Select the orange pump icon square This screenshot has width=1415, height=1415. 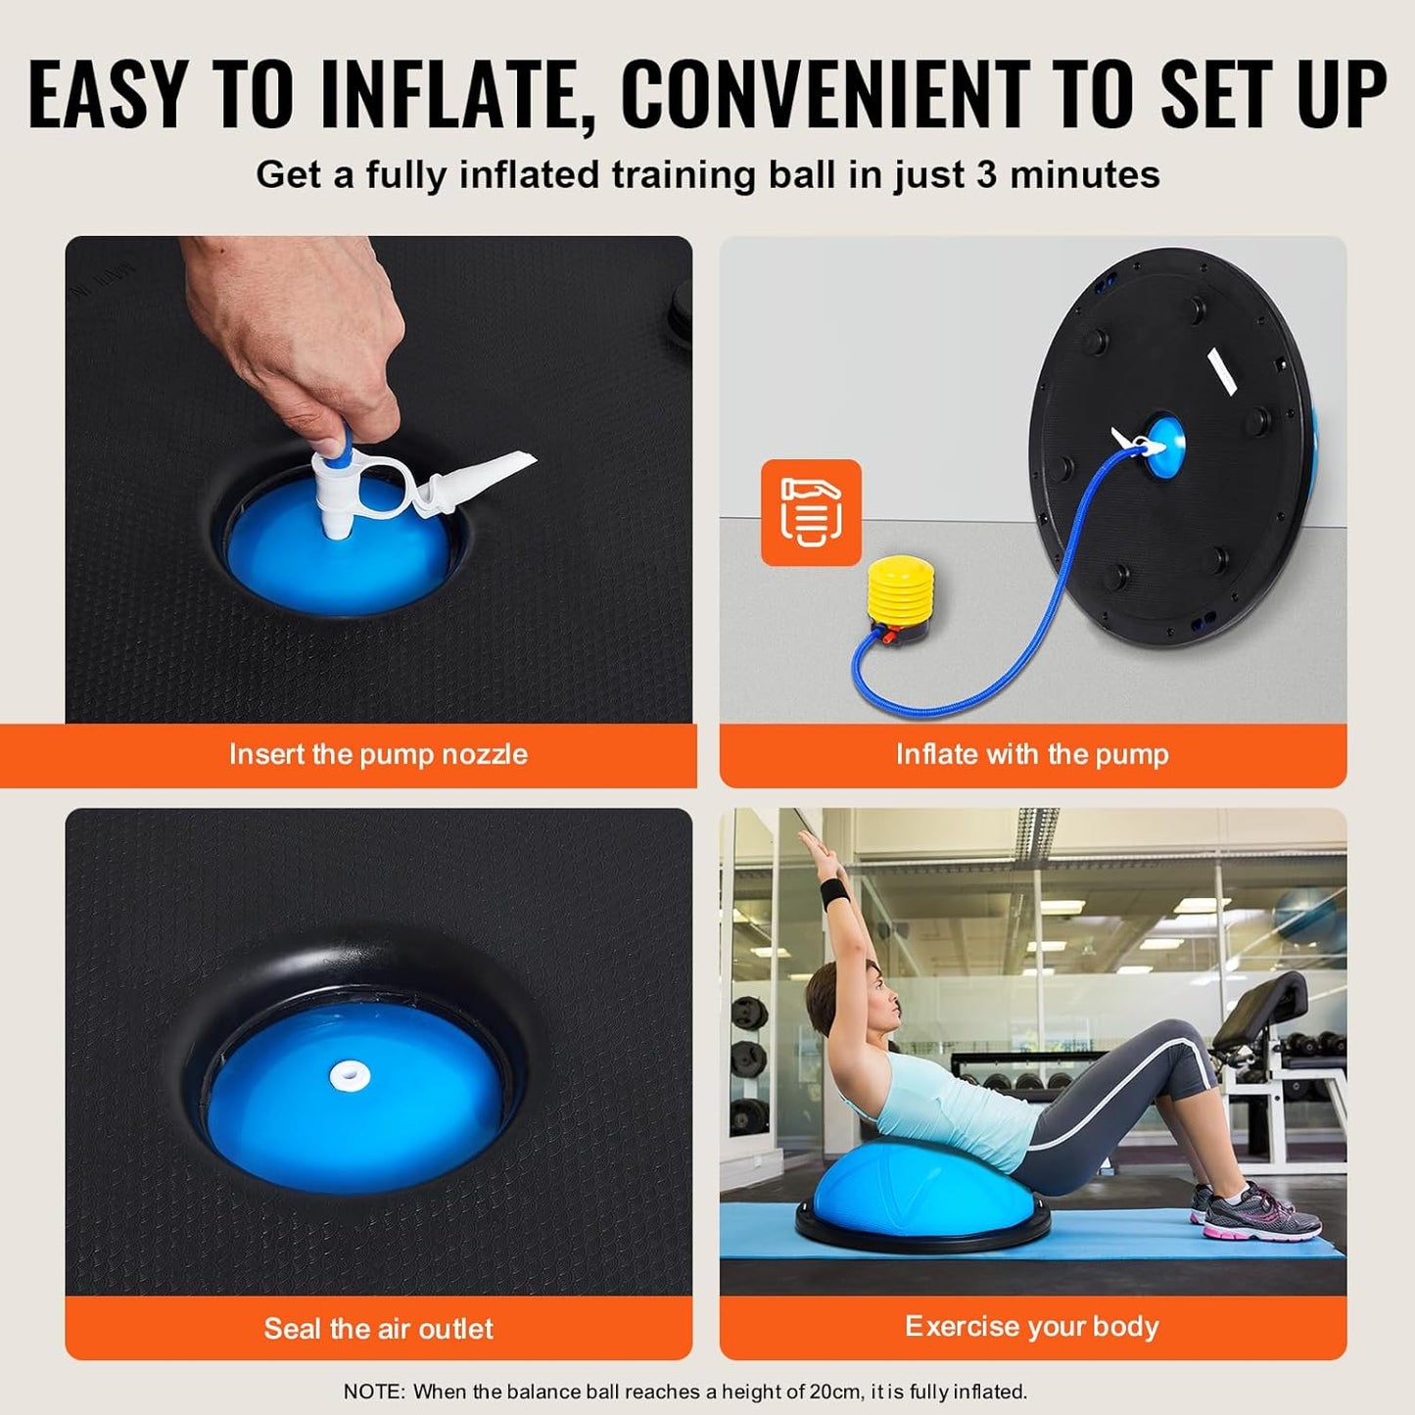click(811, 512)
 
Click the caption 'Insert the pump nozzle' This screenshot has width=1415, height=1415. click(378, 754)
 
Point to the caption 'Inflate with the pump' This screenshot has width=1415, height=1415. click(1032, 754)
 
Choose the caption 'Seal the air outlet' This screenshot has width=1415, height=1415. click(378, 1328)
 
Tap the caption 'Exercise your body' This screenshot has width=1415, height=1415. click(1032, 1326)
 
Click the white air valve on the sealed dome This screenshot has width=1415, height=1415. click(350, 1075)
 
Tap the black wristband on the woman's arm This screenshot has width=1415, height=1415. click(833, 893)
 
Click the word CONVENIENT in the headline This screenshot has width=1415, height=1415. click(825, 95)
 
